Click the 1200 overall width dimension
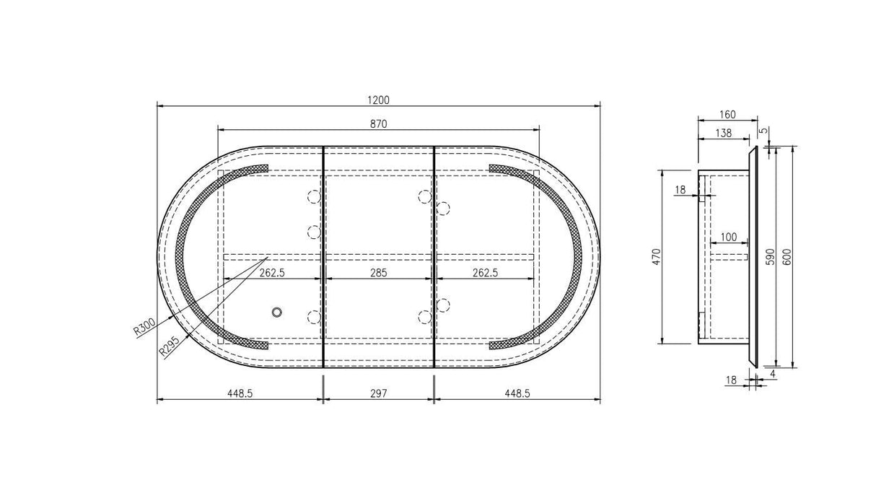pyautogui.click(x=379, y=100)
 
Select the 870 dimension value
pyautogui.click(x=379, y=124)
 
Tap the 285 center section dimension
pyautogui.click(x=379, y=273)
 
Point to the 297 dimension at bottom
pyautogui.click(x=379, y=393)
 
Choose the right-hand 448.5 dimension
pyautogui.click(x=517, y=393)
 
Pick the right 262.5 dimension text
pyautogui.click(x=485, y=273)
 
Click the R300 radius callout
pyautogui.click(x=144, y=328)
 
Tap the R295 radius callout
pyautogui.click(x=169, y=346)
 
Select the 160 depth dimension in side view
pyautogui.click(x=727, y=114)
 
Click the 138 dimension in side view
pyautogui.click(x=722, y=133)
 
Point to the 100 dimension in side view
pyautogui.click(x=729, y=237)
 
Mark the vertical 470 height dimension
pyautogui.click(x=656, y=257)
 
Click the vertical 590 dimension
pyautogui.click(x=770, y=257)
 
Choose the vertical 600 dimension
pyautogui.click(x=788, y=257)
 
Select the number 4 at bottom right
pyautogui.click(x=773, y=373)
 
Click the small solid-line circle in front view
pyautogui.click(x=276, y=312)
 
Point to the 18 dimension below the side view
pyautogui.click(x=731, y=380)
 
